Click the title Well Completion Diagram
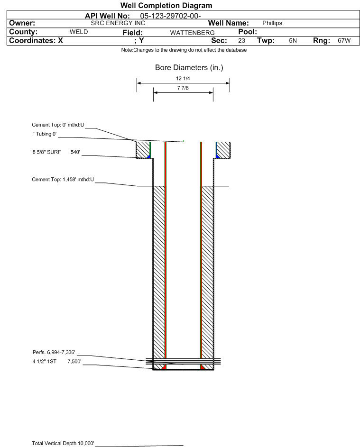[x=166, y=5]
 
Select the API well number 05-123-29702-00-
[x=170, y=16]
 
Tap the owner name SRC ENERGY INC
[x=118, y=23]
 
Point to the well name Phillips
[x=272, y=23]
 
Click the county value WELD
[x=79, y=32]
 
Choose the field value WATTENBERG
[x=192, y=33]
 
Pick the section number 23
[x=241, y=40]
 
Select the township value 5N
[x=293, y=40]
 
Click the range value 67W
[x=344, y=40]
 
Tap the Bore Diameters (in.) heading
[x=189, y=68]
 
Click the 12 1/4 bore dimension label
[x=183, y=78]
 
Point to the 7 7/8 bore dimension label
[x=183, y=88]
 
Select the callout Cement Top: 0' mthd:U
[x=58, y=125]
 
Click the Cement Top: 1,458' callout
[x=63, y=179]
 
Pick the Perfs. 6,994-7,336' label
[x=54, y=352]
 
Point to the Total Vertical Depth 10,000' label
[x=63, y=443]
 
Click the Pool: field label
[x=248, y=32]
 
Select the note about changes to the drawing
[x=184, y=50]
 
